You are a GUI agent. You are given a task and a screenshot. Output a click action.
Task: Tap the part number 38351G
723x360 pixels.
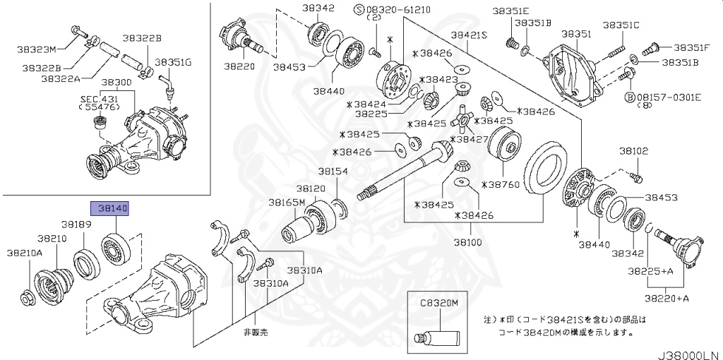(173, 62)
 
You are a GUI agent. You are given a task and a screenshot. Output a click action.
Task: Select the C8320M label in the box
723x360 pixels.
(439, 302)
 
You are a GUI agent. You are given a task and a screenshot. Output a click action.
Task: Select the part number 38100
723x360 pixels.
(468, 242)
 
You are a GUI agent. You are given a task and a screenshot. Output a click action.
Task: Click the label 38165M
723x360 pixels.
(286, 203)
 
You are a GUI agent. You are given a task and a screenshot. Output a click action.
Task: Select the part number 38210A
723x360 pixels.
(25, 251)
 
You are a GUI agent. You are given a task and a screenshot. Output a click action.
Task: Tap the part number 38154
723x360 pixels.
(333, 172)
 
